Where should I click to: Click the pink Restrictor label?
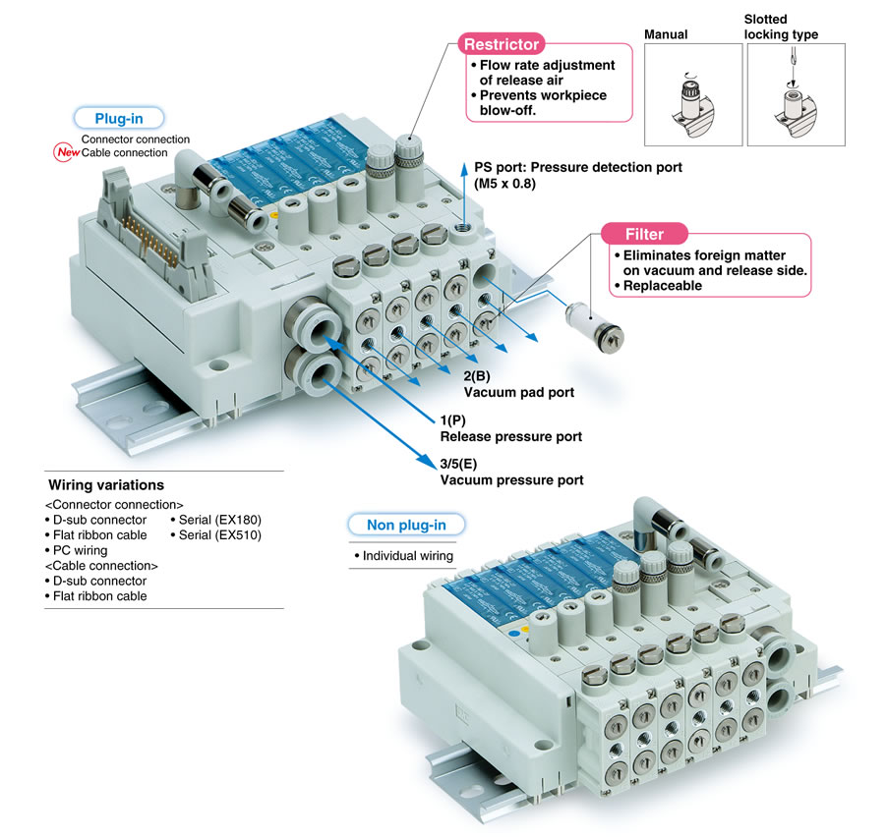pyautogui.click(x=502, y=44)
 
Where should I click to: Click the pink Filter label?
pyautogui.click(x=644, y=234)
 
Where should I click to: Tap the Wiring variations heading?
pyautogui.click(x=106, y=485)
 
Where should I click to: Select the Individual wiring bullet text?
pyautogui.click(x=404, y=556)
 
